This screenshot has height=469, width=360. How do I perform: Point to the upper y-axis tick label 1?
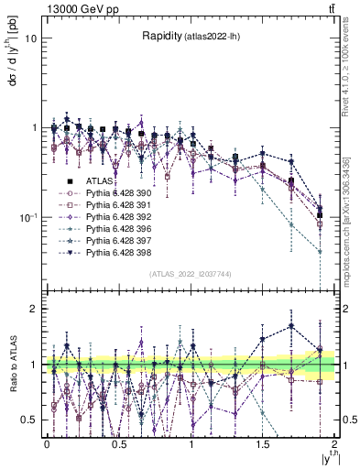pos(35,127)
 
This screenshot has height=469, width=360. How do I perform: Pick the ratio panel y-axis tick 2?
pos(35,309)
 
